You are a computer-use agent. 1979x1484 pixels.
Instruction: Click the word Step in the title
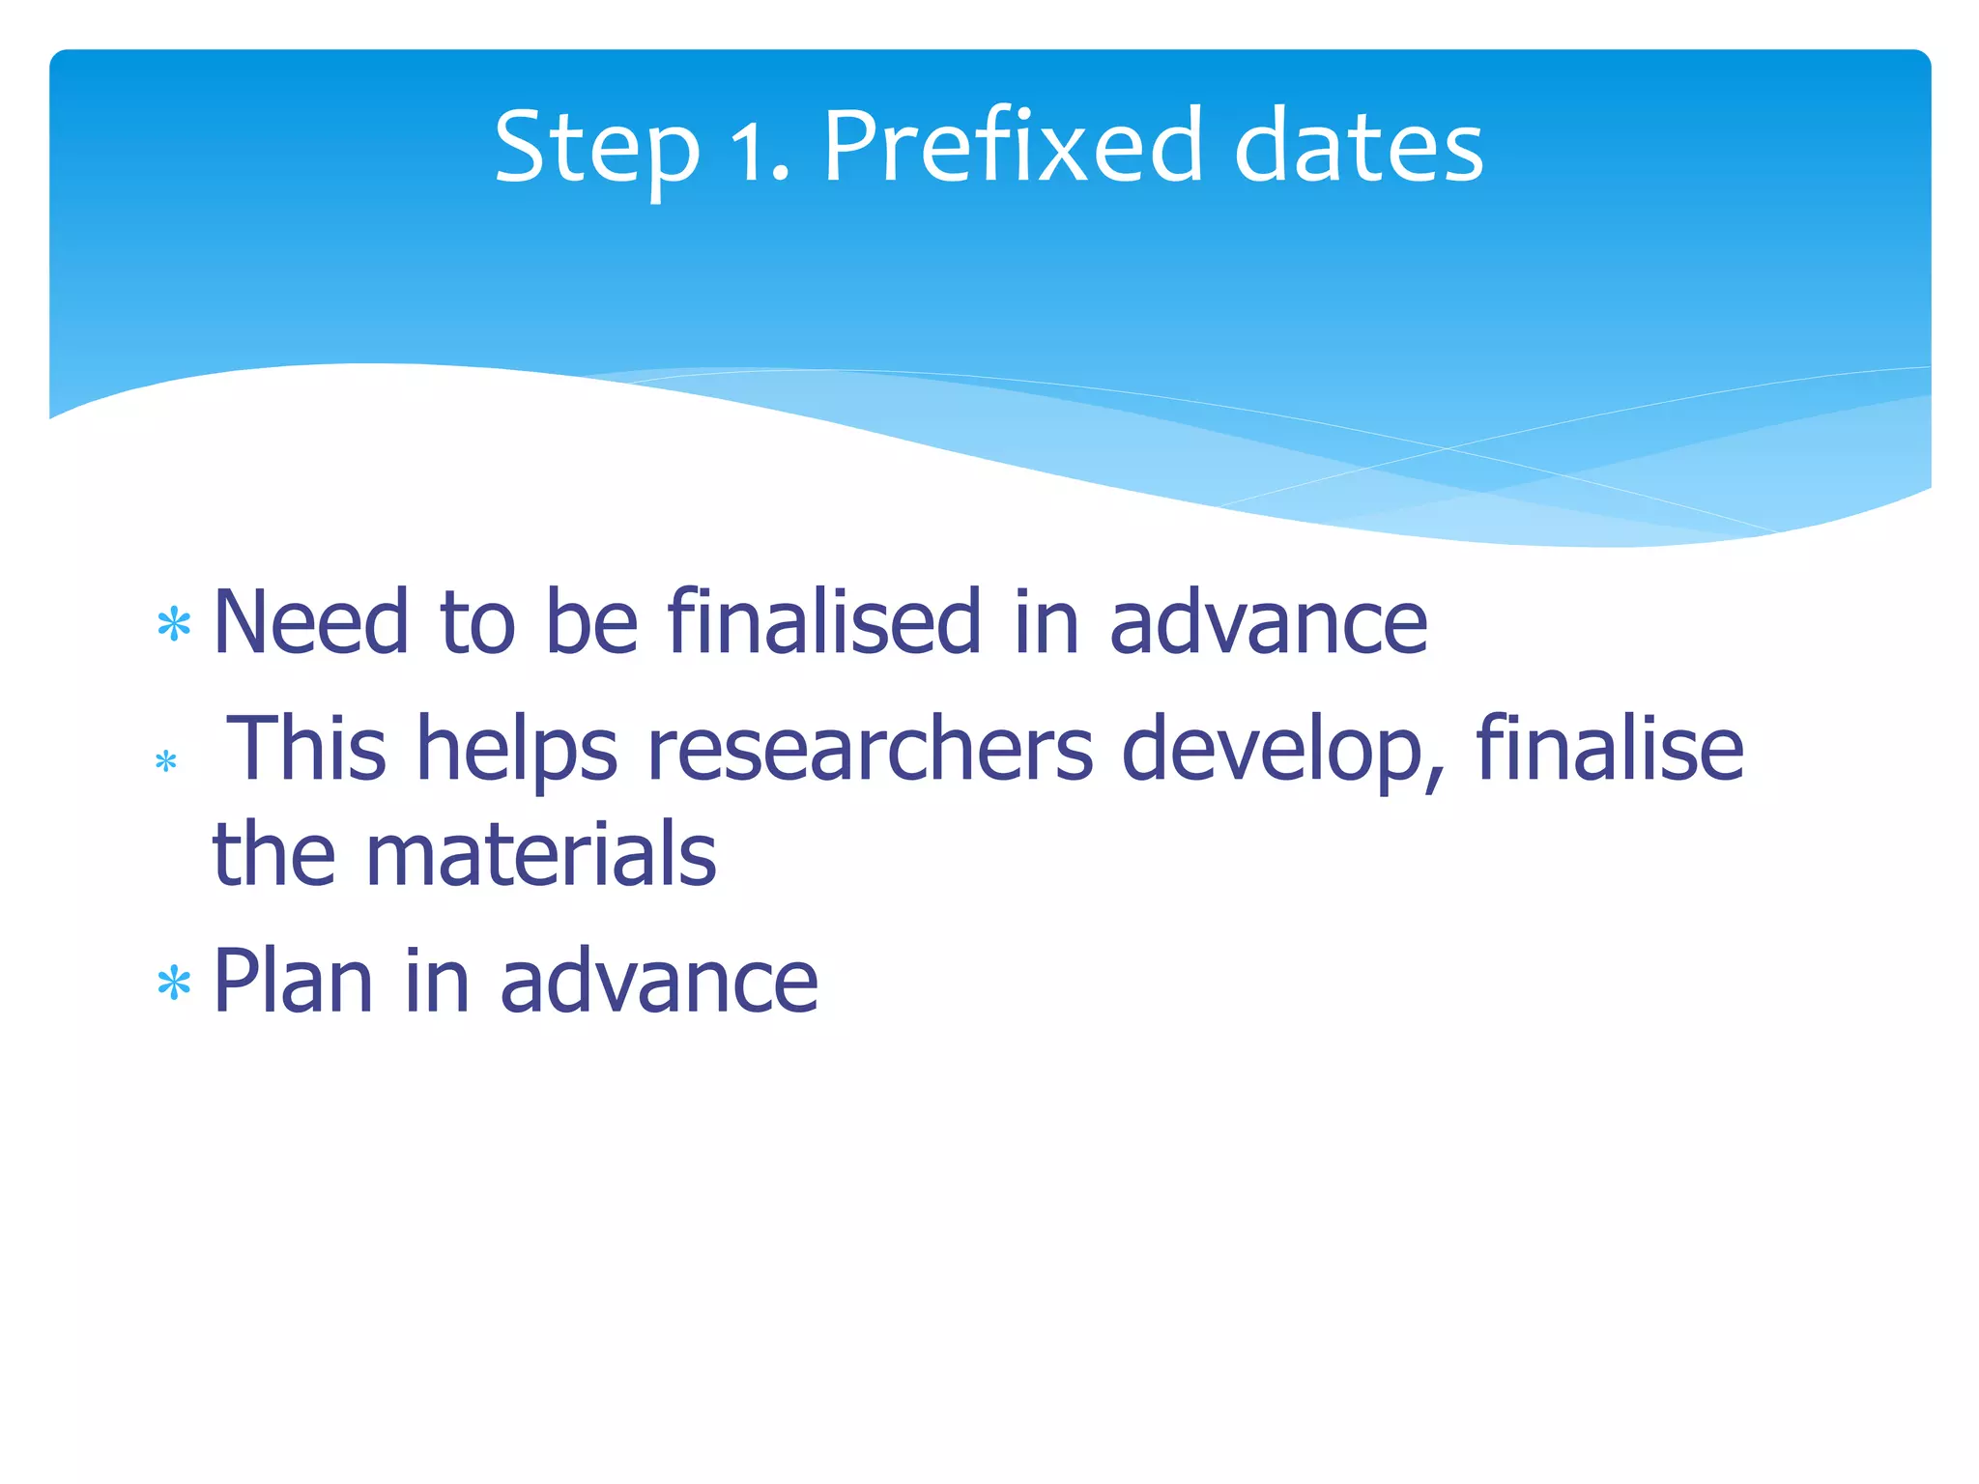tap(596, 148)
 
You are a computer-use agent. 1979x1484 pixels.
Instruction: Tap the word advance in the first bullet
tap(1267, 623)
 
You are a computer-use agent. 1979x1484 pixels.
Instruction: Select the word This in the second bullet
tap(306, 749)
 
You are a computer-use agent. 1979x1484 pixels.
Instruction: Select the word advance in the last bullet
tap(659, 982)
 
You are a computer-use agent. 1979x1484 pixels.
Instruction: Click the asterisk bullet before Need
tap(174, 625)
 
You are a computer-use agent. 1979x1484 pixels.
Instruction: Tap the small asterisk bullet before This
tap(166, 762)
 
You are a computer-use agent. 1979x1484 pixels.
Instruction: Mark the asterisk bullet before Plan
tap(174, 985)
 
